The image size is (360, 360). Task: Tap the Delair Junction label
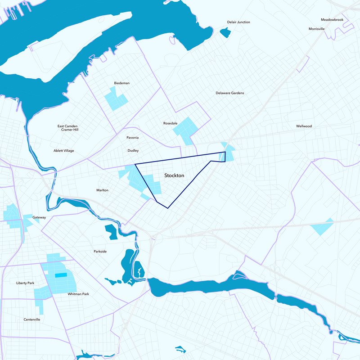pyautogui.click(x=238, y=22)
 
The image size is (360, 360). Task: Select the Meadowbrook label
pyautogui.click(x=332, y=20)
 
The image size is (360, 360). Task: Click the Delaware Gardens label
pyautogui.click(x=229, y=93)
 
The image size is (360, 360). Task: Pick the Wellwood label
pyautogui.click(x=304, y=126)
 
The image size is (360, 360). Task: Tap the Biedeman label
pyautogui.click(x=122, y=83)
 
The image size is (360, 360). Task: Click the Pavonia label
pyautogui.click(x=132, y=137)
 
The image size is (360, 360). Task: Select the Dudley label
pyautogui.click(x=133, y=150)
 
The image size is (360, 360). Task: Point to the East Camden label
pyautogui.click(x=67, y=126)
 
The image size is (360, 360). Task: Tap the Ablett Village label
pyautogui.click(x=63, y=150)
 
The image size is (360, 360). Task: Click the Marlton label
pyautogui.click(x=102, y=190)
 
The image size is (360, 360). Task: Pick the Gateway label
pyautogui.click(x=39, y=217)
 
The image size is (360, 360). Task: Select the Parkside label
pyautogui.click(x=100, y=251)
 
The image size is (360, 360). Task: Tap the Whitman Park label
pyautogui.click(x=78, y=294)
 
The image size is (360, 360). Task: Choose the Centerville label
pyautogui.click(x=32, y=319)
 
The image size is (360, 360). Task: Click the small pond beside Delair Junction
pyautogui.click(x=225, y=32)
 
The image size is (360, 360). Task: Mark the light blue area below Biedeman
pyautogui.click(x=115, y=99)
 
